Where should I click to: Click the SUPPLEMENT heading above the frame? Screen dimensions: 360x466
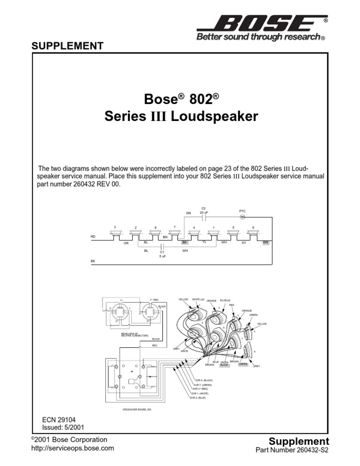coord(67,46)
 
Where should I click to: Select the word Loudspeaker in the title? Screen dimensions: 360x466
coord(215,116)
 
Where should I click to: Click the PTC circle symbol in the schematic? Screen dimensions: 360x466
coord(242,218)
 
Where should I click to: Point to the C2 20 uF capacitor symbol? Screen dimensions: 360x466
coord(203,218)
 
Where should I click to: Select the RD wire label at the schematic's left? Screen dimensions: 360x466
coord(93,237)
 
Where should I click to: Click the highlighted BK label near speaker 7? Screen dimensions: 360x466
coord(185,242)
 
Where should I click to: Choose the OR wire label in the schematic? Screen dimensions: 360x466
coord(126,244)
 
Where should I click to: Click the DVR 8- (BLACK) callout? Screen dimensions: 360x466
coord(204,380)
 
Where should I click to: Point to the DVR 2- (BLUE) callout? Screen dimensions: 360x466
coord(199,398)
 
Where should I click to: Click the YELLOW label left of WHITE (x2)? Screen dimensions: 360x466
coord(183,299)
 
